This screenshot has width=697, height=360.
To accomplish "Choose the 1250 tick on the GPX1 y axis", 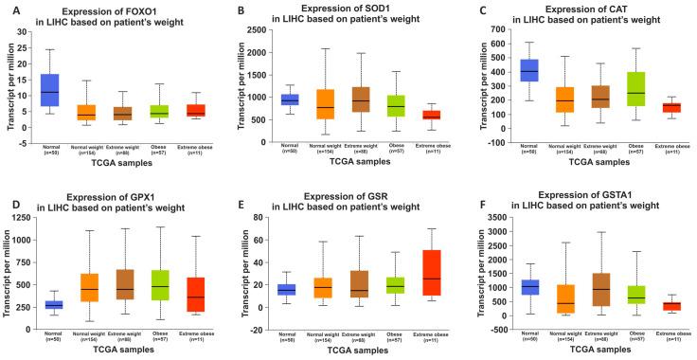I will tap(28, 220).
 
